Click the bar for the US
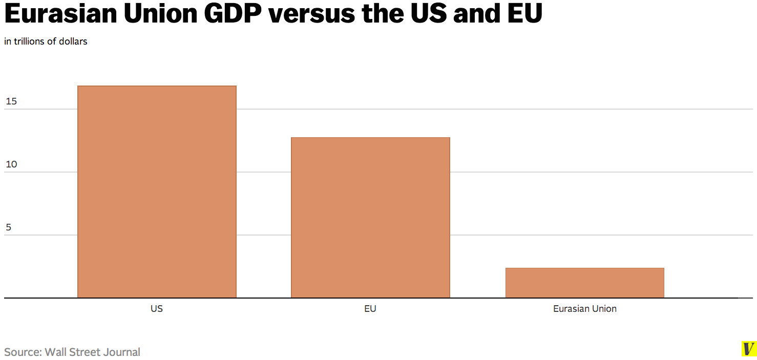pos(157,192)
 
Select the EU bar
pos(370,217)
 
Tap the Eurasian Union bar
pos(584,283)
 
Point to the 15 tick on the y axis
pos(11,101)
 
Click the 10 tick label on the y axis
pos(11,164)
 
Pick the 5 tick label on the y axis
pos(8,227)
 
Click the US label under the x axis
pos(157,309)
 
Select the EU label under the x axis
pos(370,309)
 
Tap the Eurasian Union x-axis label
pos(585,309)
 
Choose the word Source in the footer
pos(23,352)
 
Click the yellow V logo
pos(749,349)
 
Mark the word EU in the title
pos(523,15)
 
